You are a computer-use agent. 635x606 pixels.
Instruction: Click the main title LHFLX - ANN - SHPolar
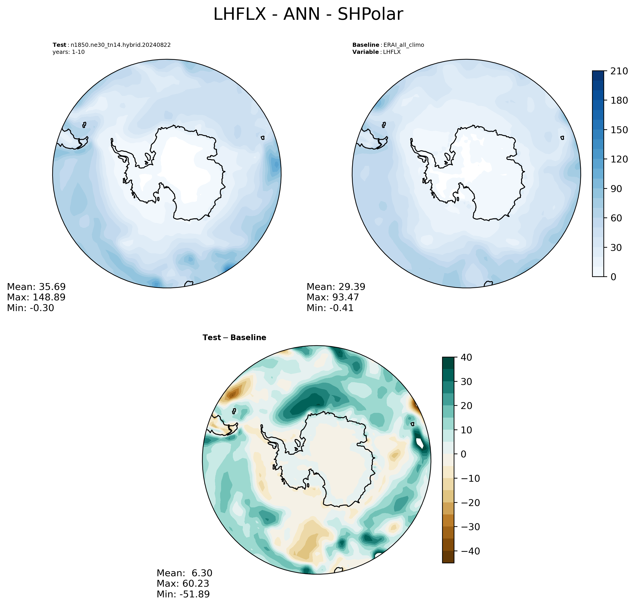pos(308,15)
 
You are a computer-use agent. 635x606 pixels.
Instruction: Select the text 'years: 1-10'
pos(68,52)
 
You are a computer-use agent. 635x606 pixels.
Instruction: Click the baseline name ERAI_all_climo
pos(403,45)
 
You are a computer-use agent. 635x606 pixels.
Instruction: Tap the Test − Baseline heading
pos(234,338)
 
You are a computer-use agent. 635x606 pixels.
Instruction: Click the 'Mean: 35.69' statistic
pos(36,287)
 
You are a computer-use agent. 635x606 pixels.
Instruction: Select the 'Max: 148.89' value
pos(36,297)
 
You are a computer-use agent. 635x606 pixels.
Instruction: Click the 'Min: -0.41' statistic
pos(330,308)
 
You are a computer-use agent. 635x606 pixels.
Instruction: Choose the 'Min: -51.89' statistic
pos(183,594)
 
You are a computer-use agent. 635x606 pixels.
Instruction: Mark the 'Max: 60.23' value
pos(183,583)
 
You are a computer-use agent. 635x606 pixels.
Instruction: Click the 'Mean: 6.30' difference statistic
pos(184,573)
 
